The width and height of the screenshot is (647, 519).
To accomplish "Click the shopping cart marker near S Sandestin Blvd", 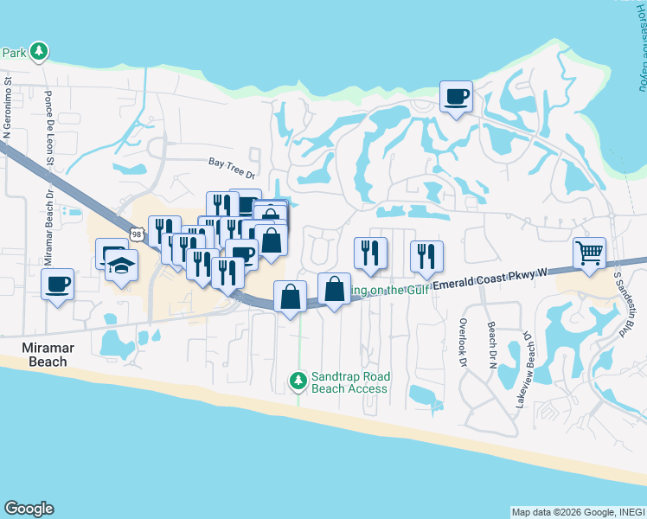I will point(589,254).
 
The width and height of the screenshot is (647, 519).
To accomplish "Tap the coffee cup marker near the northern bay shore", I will point(456,96).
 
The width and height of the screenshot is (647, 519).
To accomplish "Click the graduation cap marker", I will point(122,264).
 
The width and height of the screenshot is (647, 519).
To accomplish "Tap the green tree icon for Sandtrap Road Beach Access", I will point(298,380).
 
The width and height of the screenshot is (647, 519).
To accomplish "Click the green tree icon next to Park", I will point(38,53).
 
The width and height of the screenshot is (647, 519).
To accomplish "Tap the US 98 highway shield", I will point(137,234).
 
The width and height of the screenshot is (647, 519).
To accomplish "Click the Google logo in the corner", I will point(29,509).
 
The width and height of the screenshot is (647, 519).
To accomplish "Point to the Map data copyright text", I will point(578,512).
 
